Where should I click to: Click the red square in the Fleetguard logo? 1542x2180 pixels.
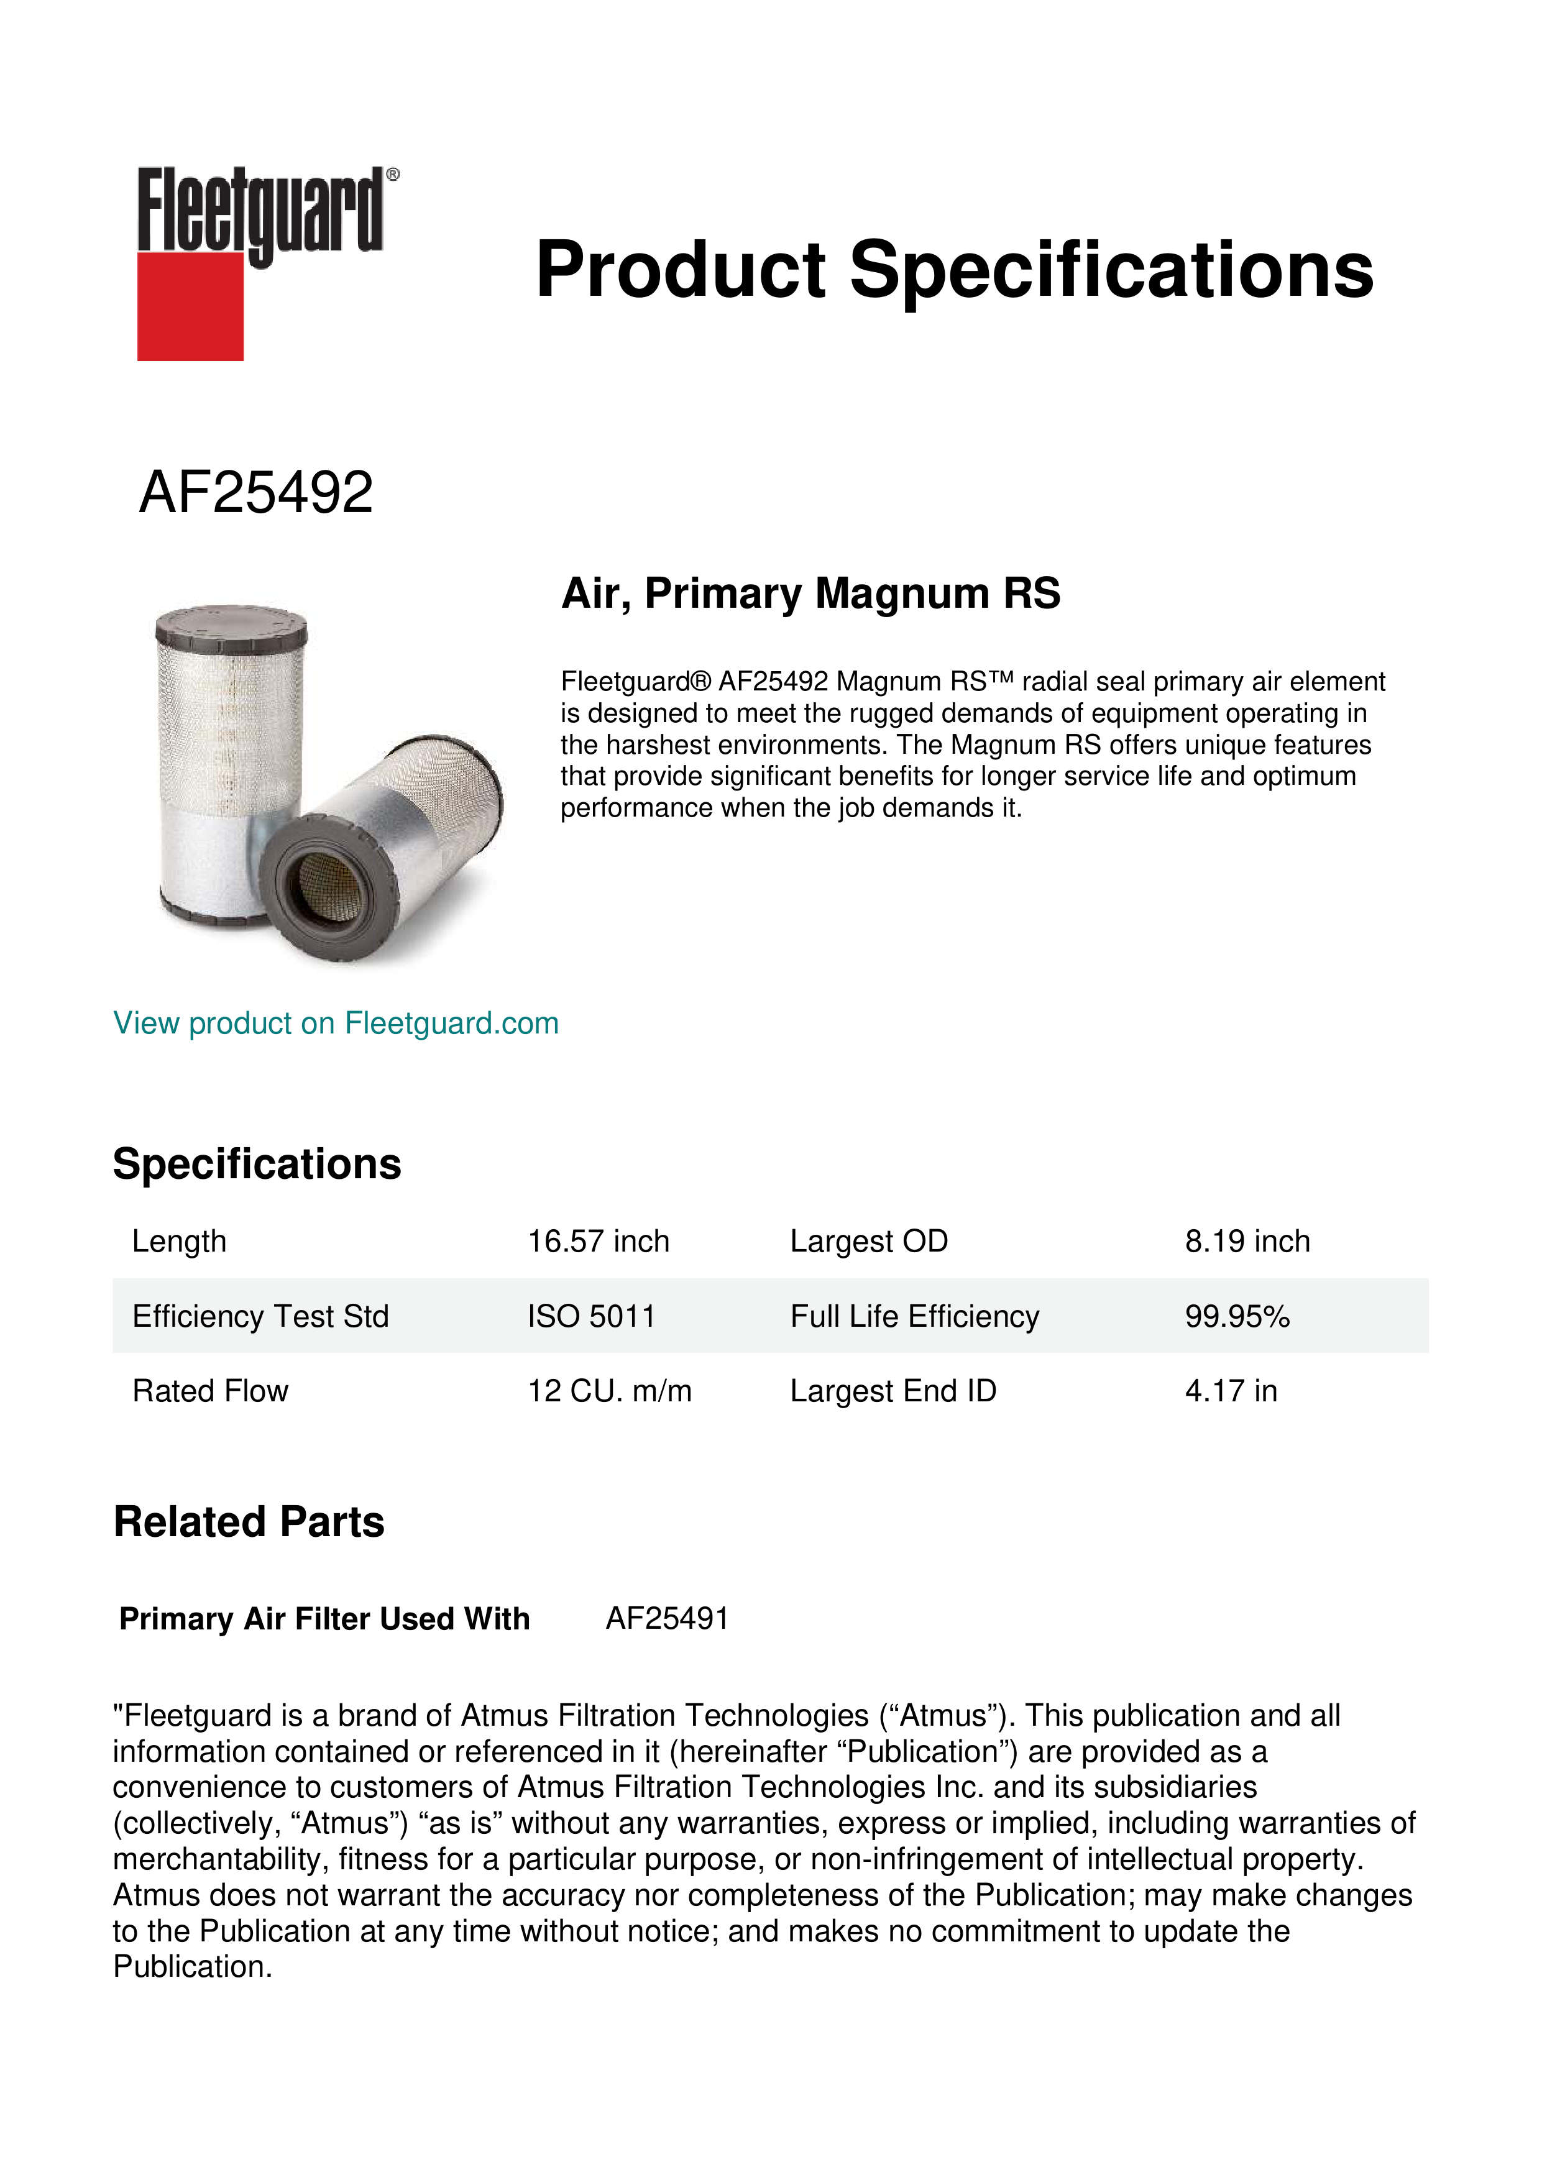point(190,306)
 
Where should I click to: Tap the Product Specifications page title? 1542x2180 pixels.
point(954,270)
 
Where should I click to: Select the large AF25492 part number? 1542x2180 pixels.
point(256,493)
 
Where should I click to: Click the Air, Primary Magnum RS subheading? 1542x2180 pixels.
point(810,593)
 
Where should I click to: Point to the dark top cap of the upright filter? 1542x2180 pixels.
point(231,626)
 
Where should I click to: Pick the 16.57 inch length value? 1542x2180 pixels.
point(598,1241)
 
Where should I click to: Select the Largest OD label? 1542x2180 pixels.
point(869,1241)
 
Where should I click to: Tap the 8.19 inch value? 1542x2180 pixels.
point(1247,1241)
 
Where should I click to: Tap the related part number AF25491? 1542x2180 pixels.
point(666,1618)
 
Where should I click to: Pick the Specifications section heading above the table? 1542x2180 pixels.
point(256,1164)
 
